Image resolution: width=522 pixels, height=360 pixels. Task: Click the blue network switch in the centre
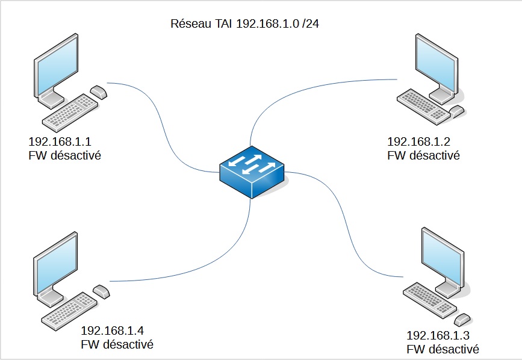252,172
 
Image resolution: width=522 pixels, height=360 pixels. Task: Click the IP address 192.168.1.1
59,143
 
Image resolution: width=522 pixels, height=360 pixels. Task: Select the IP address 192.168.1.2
418,142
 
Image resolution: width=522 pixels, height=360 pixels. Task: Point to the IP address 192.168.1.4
112,331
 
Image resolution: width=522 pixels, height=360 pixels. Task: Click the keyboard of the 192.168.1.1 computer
69,115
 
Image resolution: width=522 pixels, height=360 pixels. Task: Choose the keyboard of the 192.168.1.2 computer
421,106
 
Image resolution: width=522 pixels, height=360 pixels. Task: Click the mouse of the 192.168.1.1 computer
99,92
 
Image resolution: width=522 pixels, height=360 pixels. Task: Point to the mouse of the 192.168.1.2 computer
458,111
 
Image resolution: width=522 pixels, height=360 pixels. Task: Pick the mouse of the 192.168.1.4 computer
101,292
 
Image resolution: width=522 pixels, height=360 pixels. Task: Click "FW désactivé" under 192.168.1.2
424,155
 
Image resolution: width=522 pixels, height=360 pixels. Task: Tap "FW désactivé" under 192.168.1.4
117,344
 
